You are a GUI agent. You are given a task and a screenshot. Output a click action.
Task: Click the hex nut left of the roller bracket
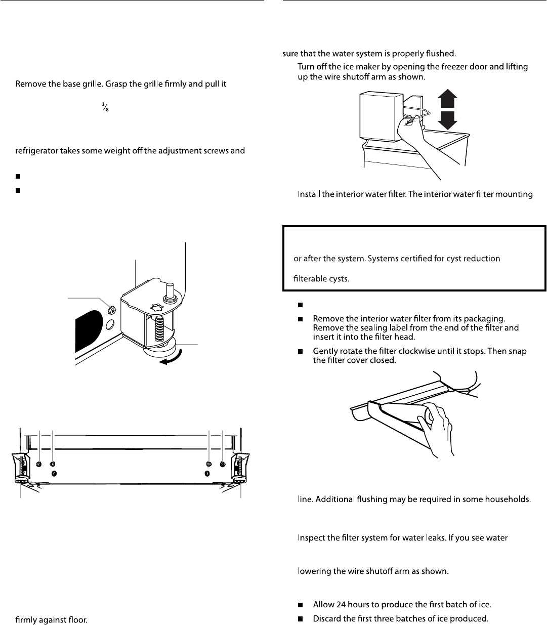[x=112, y=310]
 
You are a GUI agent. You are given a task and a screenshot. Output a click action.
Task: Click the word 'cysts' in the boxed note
[x=338, y=278]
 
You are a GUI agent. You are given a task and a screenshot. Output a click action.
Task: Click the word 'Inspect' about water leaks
[x=311, y=537]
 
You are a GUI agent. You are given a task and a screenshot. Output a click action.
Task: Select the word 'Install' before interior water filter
[x=309, y=195]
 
